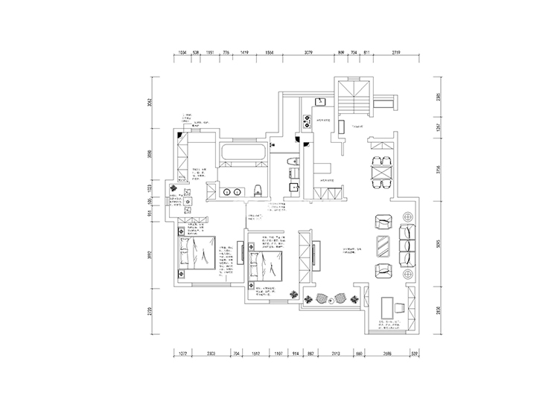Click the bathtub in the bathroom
pyautogui.click(x=241, y=153)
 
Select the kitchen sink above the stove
pyautogui.click(x=320, y=100)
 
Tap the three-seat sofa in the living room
pyautogui.click(x=409, y=246)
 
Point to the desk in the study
pyautogui.click(x=388, y=307)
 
